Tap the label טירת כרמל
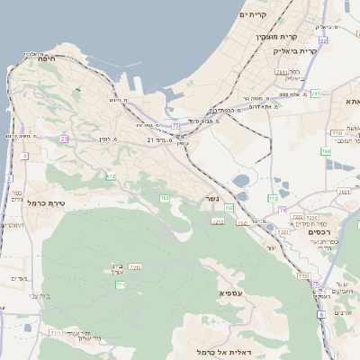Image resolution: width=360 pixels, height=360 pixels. coord(42,203)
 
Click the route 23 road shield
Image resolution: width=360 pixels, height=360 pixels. coord(64,139)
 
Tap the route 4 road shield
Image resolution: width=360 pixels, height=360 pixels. coord(23,157)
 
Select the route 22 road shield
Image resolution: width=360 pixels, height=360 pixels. coord(322,40)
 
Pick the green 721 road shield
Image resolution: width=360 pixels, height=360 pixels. coord(120,285)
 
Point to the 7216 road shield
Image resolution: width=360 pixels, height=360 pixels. coord(135,267)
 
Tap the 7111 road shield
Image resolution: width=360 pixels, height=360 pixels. coord(55,333)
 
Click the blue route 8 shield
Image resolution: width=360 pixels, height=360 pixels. coord(320,314)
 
